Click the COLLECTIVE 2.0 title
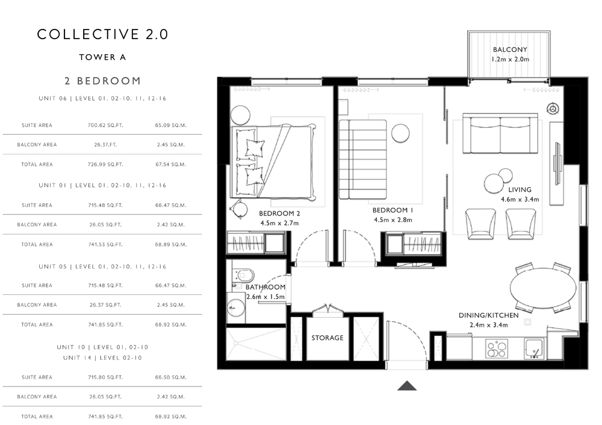(102, 34)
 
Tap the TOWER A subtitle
(102, 57)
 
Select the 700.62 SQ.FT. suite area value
(105, 125)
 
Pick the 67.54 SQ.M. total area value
(171, 164)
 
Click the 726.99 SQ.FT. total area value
(105, 164)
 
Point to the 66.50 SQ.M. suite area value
(171, 377)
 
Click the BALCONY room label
(510, 49)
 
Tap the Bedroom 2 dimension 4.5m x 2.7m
(279, 223)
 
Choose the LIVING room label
(520, 190)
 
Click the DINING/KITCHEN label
(489, 315)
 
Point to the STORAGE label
(327, 338)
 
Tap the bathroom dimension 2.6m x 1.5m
(265, 297)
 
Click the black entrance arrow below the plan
(407, 386)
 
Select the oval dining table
(543, 288)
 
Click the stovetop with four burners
(497, 349)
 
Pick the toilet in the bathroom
(243, 275)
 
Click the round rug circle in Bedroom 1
(400, 133)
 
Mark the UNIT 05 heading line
(102, 267)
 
